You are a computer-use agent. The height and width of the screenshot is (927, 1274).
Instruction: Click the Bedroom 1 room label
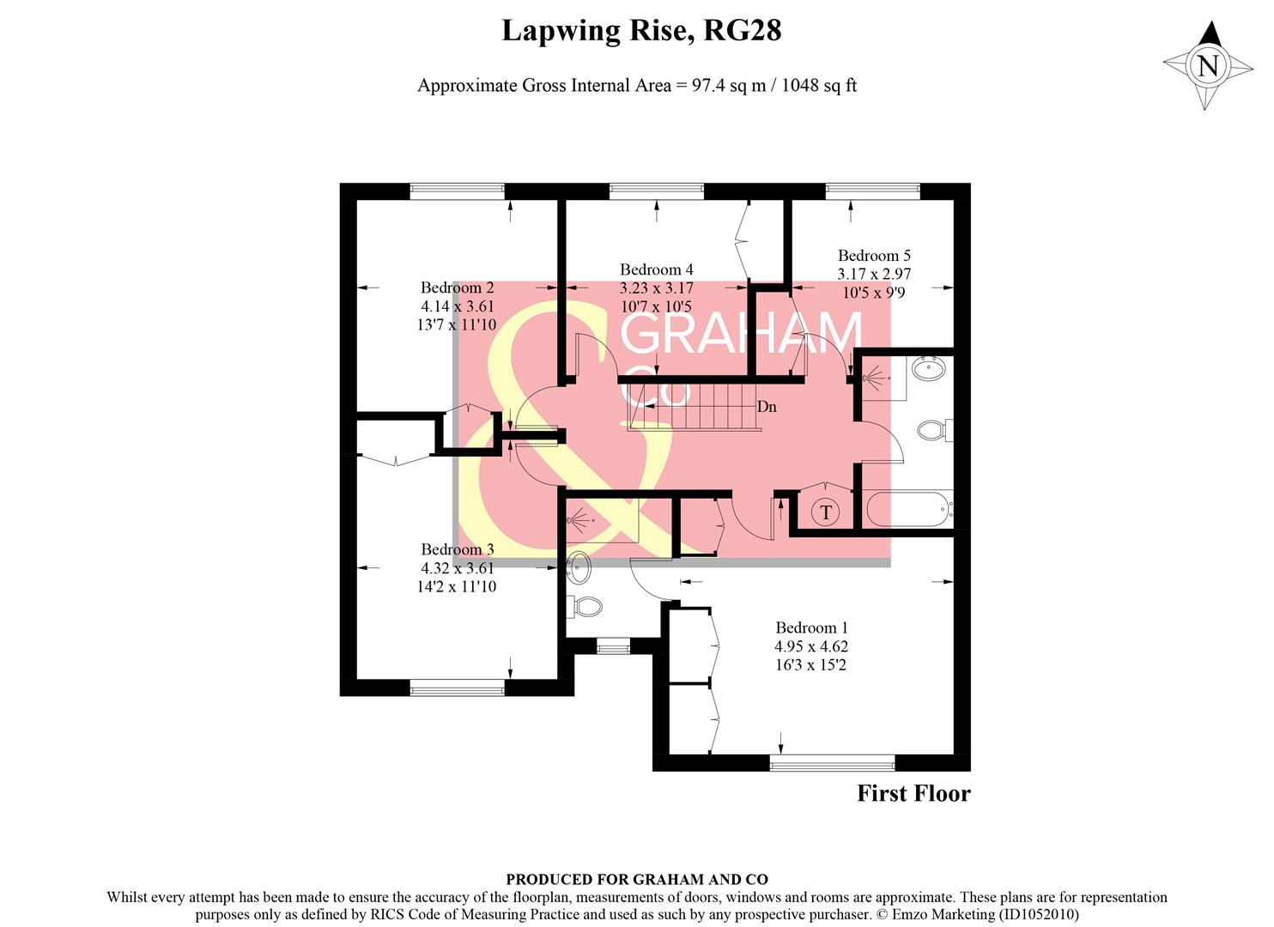click(810, 627)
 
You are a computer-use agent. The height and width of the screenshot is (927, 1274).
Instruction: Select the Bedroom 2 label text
click(457, 288)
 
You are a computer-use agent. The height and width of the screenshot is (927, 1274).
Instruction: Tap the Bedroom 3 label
click(457, 549)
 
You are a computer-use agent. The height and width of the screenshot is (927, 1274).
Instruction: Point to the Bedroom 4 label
click(656, 270)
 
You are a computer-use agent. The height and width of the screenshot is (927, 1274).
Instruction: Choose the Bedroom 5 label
click(874, 255)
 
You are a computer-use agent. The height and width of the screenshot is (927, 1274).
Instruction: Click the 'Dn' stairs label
click(767, 407)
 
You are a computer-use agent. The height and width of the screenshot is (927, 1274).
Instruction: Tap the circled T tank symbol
click(825, 512)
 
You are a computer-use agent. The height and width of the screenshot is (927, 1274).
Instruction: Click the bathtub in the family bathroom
click(908, 509)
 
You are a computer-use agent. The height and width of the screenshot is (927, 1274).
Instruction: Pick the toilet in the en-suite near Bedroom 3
click(587, 607)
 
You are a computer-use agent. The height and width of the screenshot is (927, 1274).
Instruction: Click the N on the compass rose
click(1208, 66)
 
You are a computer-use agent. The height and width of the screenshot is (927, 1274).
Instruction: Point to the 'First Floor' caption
click(913, 793)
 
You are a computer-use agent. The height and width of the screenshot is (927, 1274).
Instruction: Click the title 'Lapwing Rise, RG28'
click(640, 31)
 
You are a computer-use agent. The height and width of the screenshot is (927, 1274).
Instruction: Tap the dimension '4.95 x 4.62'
click(810, 646)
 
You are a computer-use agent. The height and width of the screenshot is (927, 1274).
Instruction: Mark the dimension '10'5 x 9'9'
click(874, 293)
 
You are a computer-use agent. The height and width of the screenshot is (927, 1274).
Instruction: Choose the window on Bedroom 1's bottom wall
click(832, 762)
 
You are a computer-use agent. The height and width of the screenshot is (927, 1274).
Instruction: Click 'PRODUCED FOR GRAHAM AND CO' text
click(636, 879)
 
